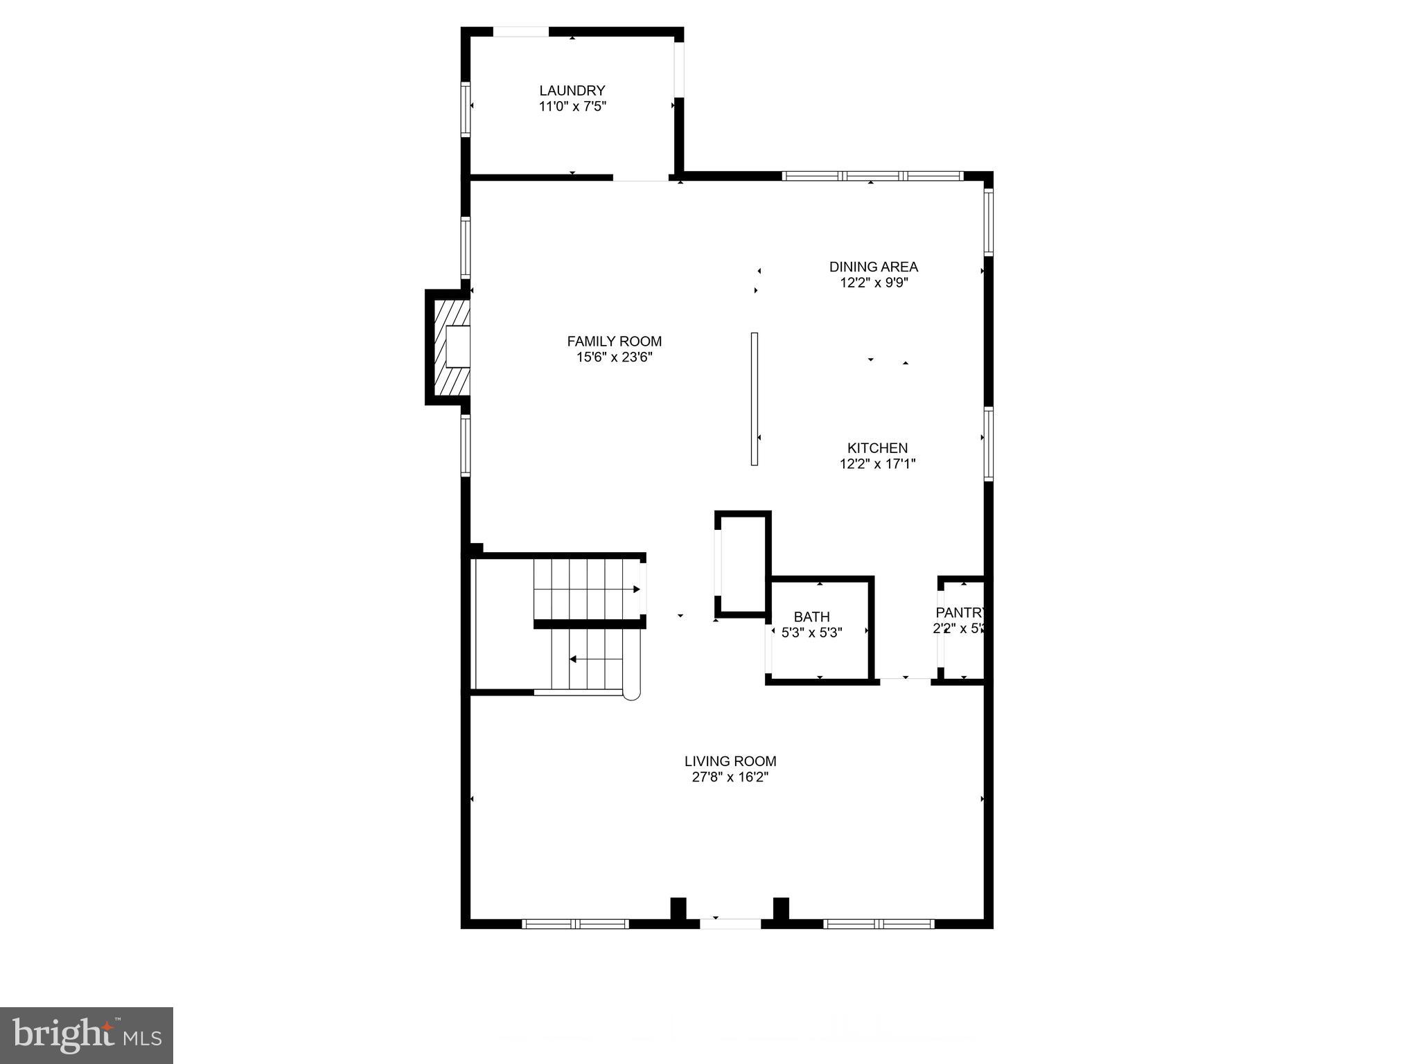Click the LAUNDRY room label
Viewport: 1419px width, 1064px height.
click(572, 91)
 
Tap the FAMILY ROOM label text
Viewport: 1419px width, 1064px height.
click(614, 342)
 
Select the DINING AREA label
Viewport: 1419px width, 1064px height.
click(873, 267)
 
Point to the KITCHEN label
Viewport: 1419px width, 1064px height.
click(877, 448)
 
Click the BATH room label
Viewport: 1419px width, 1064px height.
click(811, 617)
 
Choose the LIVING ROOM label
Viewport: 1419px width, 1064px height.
click(730, 761)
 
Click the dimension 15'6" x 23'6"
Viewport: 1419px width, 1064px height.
click(614, 357)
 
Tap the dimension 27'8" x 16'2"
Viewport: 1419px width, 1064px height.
click(730, 777)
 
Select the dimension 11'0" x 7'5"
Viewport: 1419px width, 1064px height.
click(572, 107)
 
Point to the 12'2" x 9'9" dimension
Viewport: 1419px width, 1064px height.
click(873, 283)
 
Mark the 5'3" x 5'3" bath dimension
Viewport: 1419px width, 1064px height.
click(811, 632)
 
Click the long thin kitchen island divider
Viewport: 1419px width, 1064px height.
click(754, 399)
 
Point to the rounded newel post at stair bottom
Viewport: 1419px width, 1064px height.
click(631, 693)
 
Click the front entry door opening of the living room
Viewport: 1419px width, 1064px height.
click(730, 923)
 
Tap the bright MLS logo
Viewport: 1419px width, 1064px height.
click(87, 1035)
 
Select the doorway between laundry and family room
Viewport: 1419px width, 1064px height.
click(641, 178)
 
